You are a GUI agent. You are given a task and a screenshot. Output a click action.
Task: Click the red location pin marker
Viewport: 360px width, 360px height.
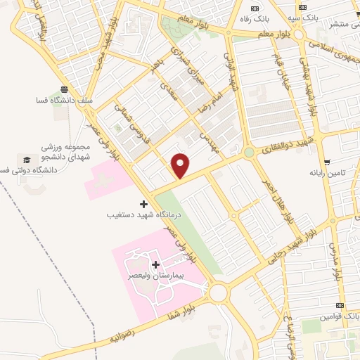[181, 165]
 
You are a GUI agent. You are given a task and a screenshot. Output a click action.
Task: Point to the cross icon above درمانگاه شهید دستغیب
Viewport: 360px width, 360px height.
[144, 203]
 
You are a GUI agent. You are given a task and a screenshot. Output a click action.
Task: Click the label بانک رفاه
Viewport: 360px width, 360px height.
[251, 19]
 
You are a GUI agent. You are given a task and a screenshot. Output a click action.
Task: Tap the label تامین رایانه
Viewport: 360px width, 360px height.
[327, 172]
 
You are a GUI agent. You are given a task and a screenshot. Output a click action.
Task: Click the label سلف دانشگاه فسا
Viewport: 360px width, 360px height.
[64, 100]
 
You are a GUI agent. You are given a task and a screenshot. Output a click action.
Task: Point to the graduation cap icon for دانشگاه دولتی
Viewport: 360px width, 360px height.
[26, 161]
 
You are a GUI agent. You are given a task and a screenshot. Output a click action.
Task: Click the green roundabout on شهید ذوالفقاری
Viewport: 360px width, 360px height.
[248, 152]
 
